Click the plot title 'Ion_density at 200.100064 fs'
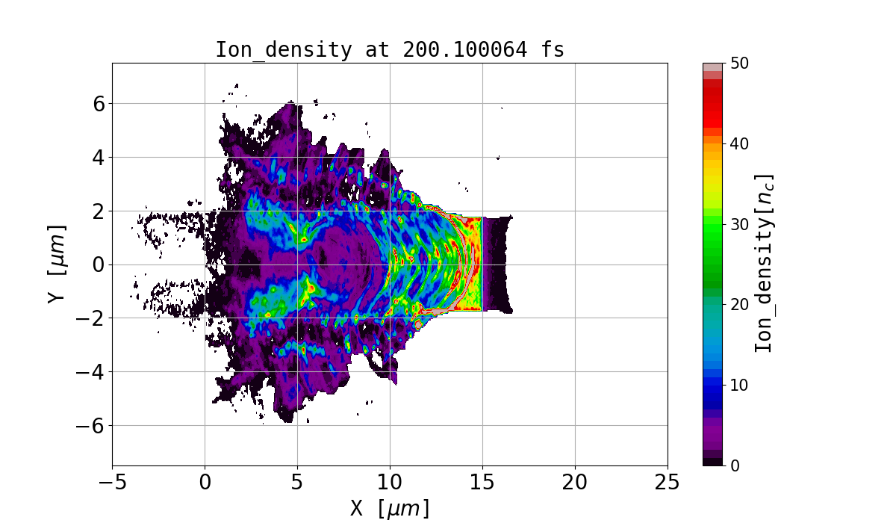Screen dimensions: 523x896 pos(390,50)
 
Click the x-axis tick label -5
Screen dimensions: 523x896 pos(112,480)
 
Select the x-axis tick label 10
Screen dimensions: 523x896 pos(390,480)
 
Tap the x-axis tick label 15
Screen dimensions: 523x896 pos(482,480)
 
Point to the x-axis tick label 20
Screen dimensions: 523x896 pos(575,480)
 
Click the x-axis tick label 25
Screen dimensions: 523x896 pos(668,480)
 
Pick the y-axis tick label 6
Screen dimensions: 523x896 pos(97,104)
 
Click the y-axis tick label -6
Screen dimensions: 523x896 pos(91,426)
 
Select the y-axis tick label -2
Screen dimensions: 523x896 pos(91,318)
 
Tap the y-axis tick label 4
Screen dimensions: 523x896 pos(97,158)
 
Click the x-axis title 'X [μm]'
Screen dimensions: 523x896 pos(390,508)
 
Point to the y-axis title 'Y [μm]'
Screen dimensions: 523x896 pos(55,264)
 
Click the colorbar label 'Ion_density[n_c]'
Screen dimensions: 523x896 pos(763,264)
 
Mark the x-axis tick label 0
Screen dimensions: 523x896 pos(205,480)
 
